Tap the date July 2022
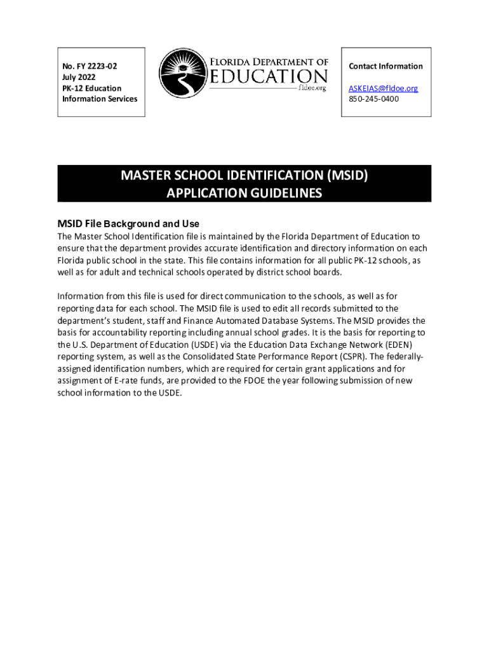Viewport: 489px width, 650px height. pyautogui.click(x=79, y=77)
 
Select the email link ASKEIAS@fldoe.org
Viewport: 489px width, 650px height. pyautogui.click(x=383, y=88)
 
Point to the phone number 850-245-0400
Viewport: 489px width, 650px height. pyautogui.click(x=373, y=99)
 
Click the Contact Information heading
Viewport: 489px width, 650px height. pyautogui.click(x=385, y=66)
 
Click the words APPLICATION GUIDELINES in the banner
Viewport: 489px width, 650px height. pyautogui.click(x=245, y=194)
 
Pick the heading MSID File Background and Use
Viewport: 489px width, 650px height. pyautogui.click(x=128, y=224)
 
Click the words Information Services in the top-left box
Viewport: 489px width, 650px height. pyautogui.click(x=100, y=99)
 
